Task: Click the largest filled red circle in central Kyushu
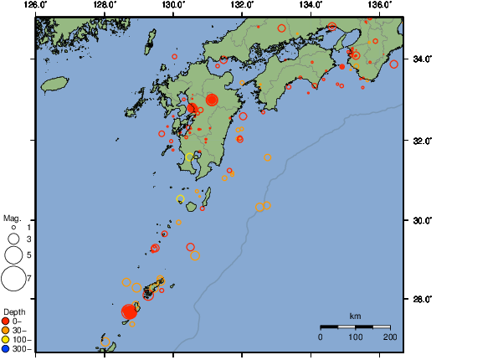pos(212,100)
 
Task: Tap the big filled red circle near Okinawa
pos(129,311)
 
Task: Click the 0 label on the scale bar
pos(321,337)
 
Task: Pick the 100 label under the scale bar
pos(356,337)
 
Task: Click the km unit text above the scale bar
pos(355,316)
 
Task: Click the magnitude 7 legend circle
pos(14,277)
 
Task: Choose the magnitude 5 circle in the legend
pos(13,255)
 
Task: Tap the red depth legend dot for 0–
pos(6,321)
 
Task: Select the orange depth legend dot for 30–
pos(6,331)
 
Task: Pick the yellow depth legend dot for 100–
pos(6,340)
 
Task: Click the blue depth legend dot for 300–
pos(6,349)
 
